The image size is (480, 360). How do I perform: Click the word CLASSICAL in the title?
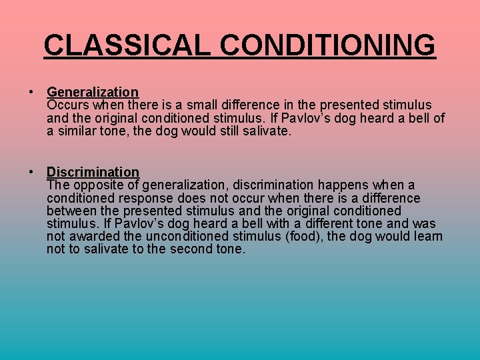click(x=128, y=45)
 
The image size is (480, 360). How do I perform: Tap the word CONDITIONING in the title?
click(x=328, y=45)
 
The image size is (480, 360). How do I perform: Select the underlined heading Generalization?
click(x=93, y=92)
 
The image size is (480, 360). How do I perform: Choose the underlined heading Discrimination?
click(x=93, y=172)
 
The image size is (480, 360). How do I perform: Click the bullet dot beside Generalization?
click(x=31, y=92)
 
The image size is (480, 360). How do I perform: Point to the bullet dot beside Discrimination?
click(x=31, y=172)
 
